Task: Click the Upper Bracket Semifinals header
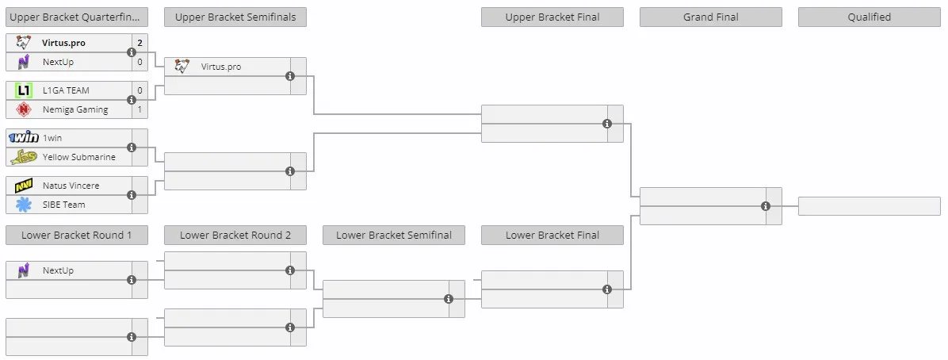click(235, 17)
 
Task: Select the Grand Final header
click(710, 17)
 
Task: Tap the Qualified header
click(869, 17)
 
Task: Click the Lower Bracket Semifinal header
click(394, 235)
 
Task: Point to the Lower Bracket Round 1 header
click(77, 235)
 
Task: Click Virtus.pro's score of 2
click(140, 43)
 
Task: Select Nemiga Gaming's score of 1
click(140, 109)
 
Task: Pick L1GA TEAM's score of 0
click(140, 90)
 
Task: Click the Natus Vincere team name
click(71, 185)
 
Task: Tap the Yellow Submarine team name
click(78, 157)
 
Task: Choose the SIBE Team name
click(63, 205)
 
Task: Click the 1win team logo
click(24, 137)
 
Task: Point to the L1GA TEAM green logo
click(24, 90)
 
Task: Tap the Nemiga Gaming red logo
click(24, 109)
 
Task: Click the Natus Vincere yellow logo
click(24, 185)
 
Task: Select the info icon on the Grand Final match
click(766, 206)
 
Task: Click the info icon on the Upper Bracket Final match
click(607, 124)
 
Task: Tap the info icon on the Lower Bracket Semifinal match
click(449, 299)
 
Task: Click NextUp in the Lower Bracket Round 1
click(58, 270)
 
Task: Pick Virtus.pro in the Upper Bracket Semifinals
click(220, 67)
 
